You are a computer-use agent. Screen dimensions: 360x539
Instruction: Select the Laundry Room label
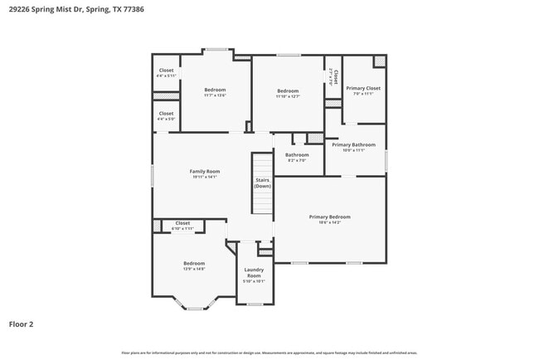click(x=253, y=273)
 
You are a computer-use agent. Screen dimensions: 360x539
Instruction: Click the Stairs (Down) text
click(x=263, y=182)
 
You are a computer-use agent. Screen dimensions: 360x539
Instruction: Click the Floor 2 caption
click(x=21, y=324)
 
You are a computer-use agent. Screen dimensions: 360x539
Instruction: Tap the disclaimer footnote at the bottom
click(x=269, y=353)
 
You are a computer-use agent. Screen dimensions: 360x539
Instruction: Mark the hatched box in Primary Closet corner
click(x=379, y=61)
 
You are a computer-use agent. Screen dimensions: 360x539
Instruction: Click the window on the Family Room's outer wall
click(x=153, y=175)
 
